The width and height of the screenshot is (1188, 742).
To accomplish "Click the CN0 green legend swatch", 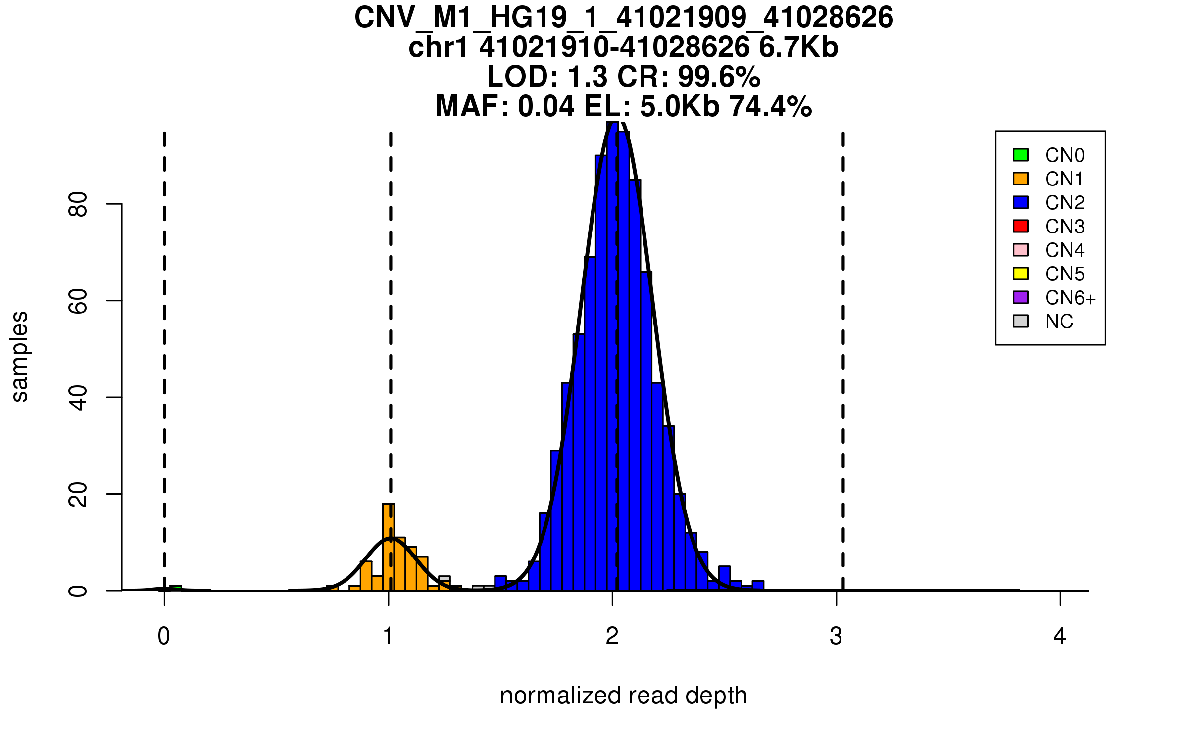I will click(1021, 155).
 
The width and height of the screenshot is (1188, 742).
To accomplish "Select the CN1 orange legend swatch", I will click(1021, 179).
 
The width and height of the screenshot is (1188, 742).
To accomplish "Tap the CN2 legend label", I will click(1065, 203).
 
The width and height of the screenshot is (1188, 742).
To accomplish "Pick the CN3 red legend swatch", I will click(1021, 226).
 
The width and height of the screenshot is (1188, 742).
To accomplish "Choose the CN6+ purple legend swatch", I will click(1021, 297).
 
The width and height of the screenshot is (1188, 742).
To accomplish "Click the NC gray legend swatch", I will click(1021, 321).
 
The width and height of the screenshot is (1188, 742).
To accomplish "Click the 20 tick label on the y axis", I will click(78, 494).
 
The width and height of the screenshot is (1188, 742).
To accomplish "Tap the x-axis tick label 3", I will click(836, 636).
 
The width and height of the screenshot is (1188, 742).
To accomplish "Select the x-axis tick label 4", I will click(1060, 636).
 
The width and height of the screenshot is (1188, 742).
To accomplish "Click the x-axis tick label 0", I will click(164, 636).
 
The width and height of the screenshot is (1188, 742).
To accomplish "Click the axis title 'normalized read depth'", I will click(623, 696).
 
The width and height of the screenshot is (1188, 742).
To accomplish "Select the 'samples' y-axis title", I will click(20, 356).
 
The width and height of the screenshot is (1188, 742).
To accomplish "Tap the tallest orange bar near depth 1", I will click(389, 547).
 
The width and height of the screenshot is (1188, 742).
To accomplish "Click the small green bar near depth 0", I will click(176, 588).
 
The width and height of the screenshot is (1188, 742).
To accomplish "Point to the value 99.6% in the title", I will click(719, 77).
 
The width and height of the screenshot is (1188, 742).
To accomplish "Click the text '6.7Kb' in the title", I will click(798, 47).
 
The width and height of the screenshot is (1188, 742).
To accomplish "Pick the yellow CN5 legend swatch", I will click(1021, 274).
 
